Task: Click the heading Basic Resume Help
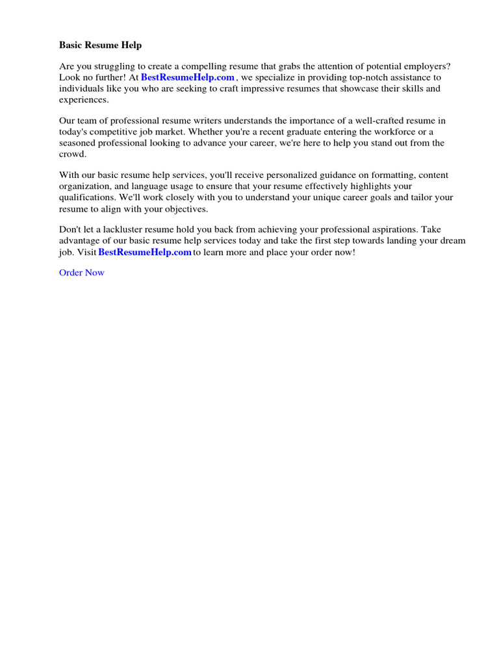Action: coord(100,45)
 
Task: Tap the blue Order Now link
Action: coord(81,273)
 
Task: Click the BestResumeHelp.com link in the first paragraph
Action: coord(188,77)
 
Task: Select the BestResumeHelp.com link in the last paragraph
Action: coord(145,252)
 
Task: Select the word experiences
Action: coord(84,99)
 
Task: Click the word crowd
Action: coord(72,155)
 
